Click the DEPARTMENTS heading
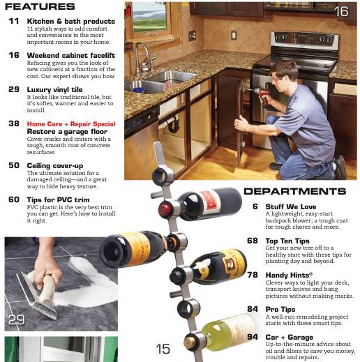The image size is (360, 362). (294, 191)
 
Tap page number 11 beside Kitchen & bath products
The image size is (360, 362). (14, 22)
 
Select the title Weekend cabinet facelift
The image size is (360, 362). (71, 55)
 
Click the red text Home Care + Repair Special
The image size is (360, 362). (71, 123)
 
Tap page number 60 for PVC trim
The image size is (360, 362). (14, 199)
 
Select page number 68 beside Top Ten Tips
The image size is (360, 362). (253, 241)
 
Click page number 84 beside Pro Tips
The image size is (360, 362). (253, 309)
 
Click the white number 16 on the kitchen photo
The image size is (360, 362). (340, 12)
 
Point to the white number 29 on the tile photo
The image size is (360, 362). (16, 320)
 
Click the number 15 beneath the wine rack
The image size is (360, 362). (163, 349)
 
